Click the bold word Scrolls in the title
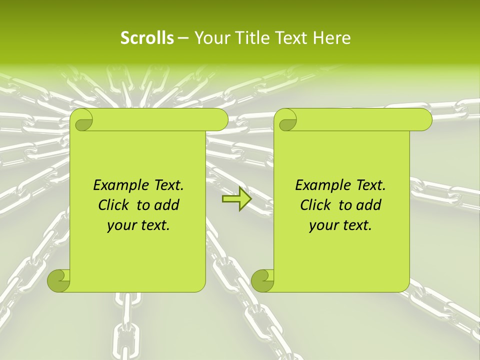pyautogui.click(x=147, y=38)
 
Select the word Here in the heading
pyautogui.click(x=332, y=38)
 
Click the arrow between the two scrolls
pyautogui.click(x=236, y=199)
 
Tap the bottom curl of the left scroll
pyautogui.click(x=58, y=280)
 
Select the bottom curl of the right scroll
pyautogui.click(x=262, y=280)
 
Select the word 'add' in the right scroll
pyautogui.click(x=369, y=205)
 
